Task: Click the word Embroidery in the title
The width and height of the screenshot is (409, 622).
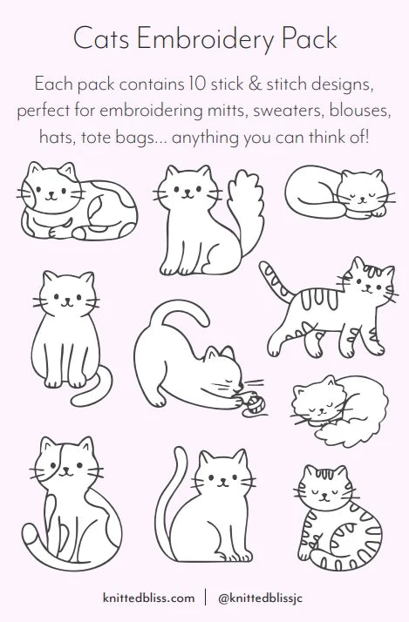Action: coord(207,40)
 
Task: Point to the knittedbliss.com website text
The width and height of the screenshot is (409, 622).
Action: coord(149,598)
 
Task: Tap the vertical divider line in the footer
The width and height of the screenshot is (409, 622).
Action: coord(206,597)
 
